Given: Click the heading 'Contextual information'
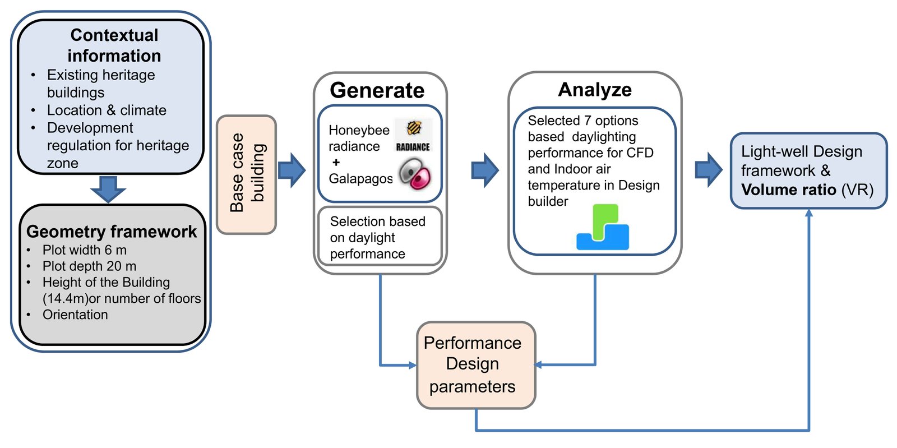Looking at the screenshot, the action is pos(114,45).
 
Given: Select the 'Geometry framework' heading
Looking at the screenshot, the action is pos(112,232).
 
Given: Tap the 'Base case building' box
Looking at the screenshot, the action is pos(246,174).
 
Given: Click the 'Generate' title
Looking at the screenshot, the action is pos(377,90).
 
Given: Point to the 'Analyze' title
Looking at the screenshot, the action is pos(595,89).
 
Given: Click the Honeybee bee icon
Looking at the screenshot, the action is pos(414,128).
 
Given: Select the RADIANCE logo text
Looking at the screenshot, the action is pos(413,147).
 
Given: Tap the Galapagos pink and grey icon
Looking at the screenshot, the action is pos(415,174).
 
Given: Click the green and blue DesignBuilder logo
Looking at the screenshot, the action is pos(603,227).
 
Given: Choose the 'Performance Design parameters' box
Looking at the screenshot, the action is pos(476,365).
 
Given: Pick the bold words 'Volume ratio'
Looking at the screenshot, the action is pos(788,190).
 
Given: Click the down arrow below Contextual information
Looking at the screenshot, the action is pos(108,189).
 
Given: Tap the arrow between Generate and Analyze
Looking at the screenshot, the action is pos(485,170).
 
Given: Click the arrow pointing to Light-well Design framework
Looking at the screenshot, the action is pos(709,170).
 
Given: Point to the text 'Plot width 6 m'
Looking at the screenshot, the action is pos(85,250).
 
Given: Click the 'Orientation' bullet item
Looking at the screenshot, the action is pos(75,315).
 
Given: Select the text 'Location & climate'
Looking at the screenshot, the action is pos(107,110).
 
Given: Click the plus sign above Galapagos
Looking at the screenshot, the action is pos(336,162).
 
